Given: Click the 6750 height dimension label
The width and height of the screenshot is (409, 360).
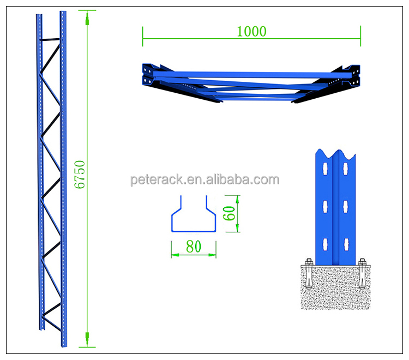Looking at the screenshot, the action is pos(80,174).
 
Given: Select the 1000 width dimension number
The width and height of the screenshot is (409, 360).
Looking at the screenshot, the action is pos(251,31).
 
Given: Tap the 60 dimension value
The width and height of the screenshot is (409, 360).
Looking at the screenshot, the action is pos(229,213).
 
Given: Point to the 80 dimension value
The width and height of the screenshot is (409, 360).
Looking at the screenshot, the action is pos(194,247).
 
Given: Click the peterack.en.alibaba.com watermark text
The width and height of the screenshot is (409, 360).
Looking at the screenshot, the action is pos(204,179).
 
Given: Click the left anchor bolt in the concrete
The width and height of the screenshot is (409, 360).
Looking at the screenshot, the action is pos(309,274).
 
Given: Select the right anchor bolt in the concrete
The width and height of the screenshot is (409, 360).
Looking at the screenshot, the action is pos(362,274).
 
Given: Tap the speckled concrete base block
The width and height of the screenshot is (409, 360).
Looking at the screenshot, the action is pos(335,287).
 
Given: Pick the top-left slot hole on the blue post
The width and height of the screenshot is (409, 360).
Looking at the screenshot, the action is pos(325,169).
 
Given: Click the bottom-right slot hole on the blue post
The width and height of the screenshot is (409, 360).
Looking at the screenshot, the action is pos(346,244).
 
